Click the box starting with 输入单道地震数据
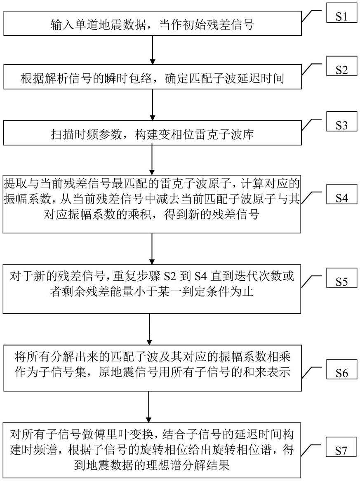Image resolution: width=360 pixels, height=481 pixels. tap(153, 25)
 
